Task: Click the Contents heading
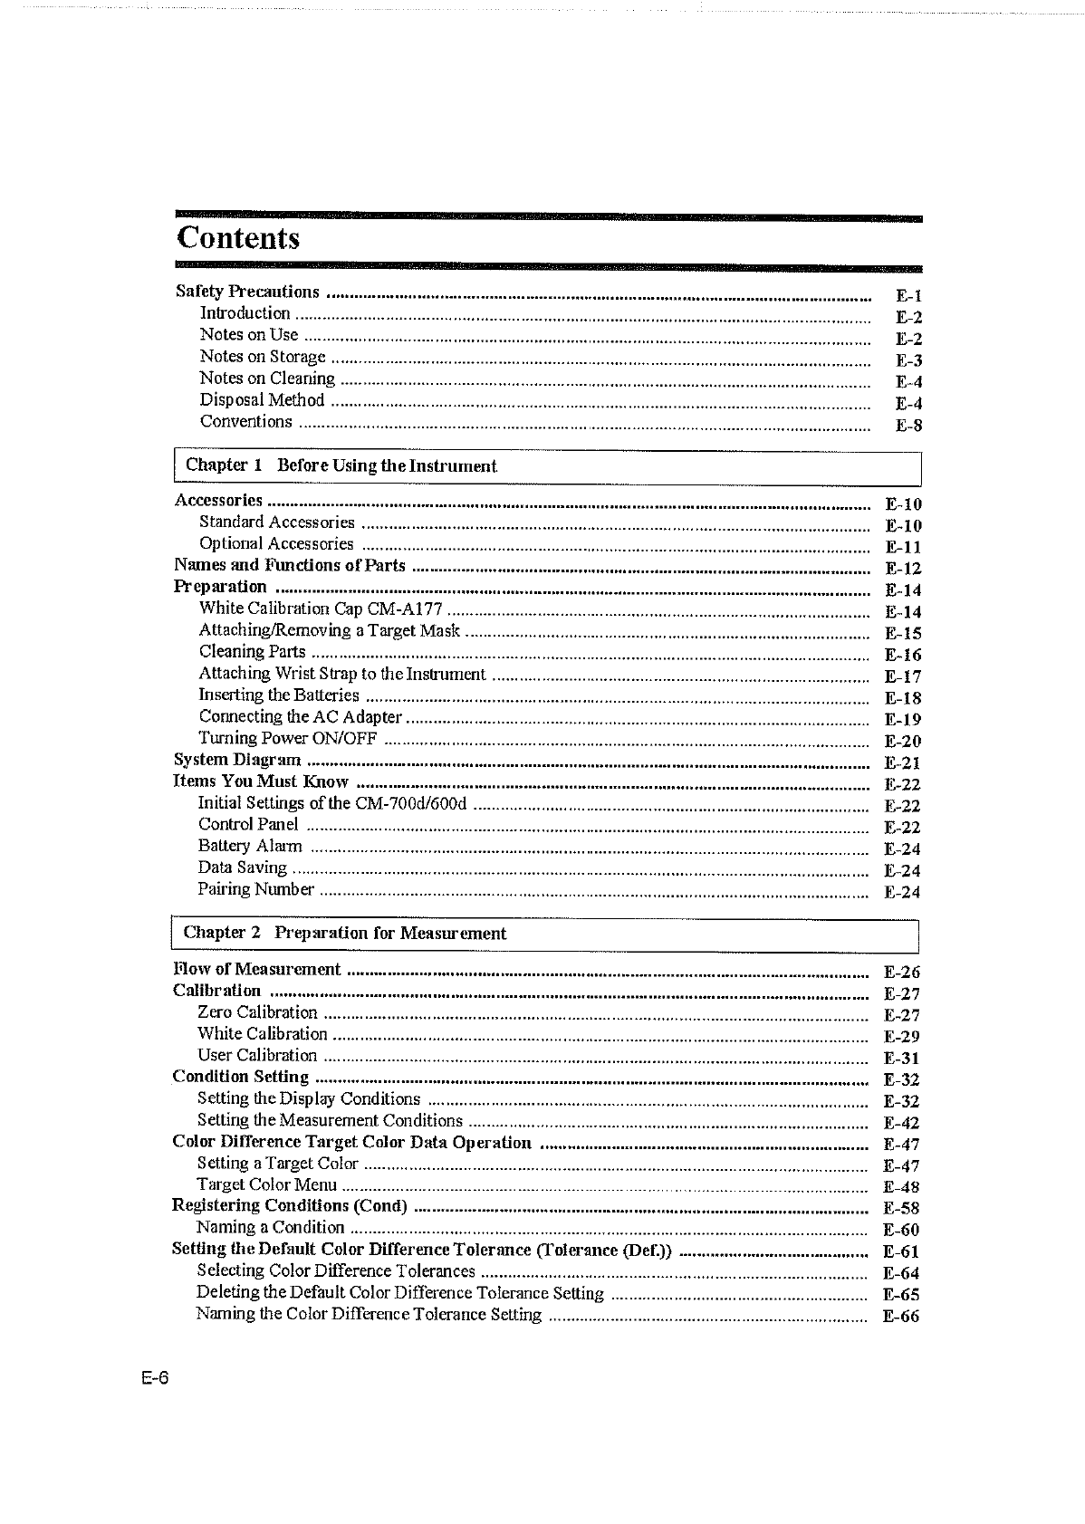click(238, 238)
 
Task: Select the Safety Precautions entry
click(247, 292)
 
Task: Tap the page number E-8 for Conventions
click(908, 426)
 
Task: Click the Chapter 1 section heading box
click(547, 466)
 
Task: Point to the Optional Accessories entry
click(276, 544)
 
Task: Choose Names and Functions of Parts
click(290, 566)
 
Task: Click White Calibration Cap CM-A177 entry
click(321, 609)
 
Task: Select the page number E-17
click(903, 676)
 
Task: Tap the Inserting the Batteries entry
click(279, 695)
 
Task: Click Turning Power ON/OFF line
click(288, 738)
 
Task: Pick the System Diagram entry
click(237, 760)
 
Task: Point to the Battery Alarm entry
click(250, 846)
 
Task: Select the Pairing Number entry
click(256, 889)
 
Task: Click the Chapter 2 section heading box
click(545, 934)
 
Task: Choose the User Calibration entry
click(257, 1056)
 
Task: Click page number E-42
click(901, 1123)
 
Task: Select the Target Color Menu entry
click(266, 1185)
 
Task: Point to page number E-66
click(901, 1317)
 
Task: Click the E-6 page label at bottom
click(155, 1379)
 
